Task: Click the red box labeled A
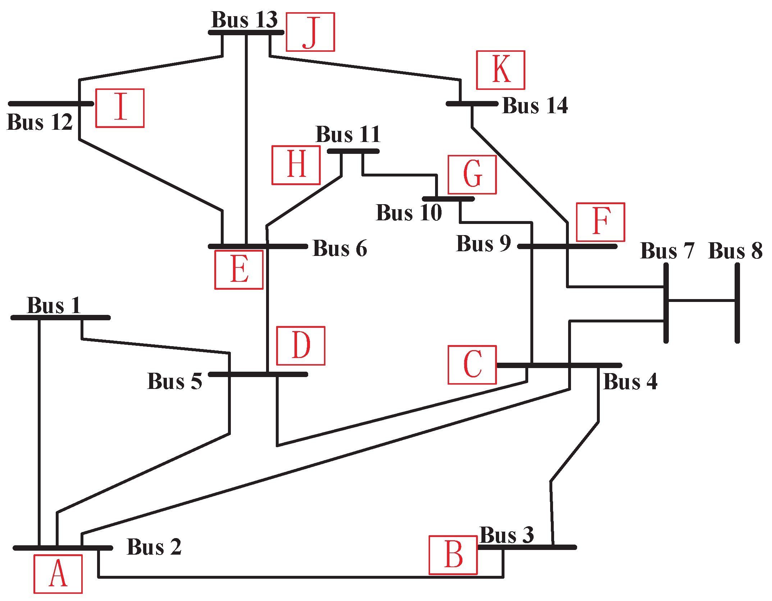click(x=58, y=574)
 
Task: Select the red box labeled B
click(x=453, y=555)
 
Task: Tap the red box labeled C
click(x=472, y=365)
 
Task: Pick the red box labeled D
click(x=301, y=346)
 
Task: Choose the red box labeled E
click(x=239, y=270)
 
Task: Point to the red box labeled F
click(x=600, y=222)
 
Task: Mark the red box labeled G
click(x=472, y=175)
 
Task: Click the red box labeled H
click(x=296, y=165)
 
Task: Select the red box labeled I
click(x=120, y=108)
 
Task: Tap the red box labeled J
click(x=310, y=32)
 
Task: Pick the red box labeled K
click(x=501, y=70)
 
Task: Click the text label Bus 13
click(x=245, y=19)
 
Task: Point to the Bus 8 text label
click(x=735, y=251)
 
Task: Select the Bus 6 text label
click(x=340, y=248)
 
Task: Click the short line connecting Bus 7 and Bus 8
click(x=702, y=300)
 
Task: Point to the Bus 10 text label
click(x=409, y=212)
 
